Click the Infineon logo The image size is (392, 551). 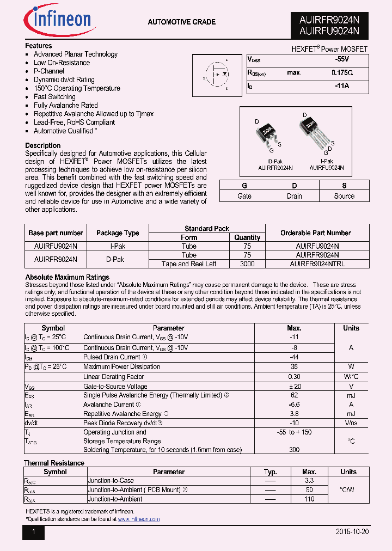click(58, 20)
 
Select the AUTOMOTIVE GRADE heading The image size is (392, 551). click(182, 22)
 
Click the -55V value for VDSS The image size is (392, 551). click(342, 59)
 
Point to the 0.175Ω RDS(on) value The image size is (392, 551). click(342, 72)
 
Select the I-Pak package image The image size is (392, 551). click(316, 131)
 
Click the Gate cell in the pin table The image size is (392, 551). click(244, 196)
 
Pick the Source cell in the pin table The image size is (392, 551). click(344, 196)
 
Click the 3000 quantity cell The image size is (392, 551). click(247, 264)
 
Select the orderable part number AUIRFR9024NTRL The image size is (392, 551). click(317, 264)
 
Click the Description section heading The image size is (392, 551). click(43, 145)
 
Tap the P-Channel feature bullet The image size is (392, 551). click(49, 71)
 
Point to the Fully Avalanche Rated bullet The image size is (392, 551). click(66, 106)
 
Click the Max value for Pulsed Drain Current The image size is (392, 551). click(294, 357)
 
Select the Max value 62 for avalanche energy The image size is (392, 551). click(294, 395)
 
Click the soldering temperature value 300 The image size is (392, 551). click(294, 450)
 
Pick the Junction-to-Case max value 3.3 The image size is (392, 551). click(309, 481)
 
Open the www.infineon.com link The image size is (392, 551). click(139, 519)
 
